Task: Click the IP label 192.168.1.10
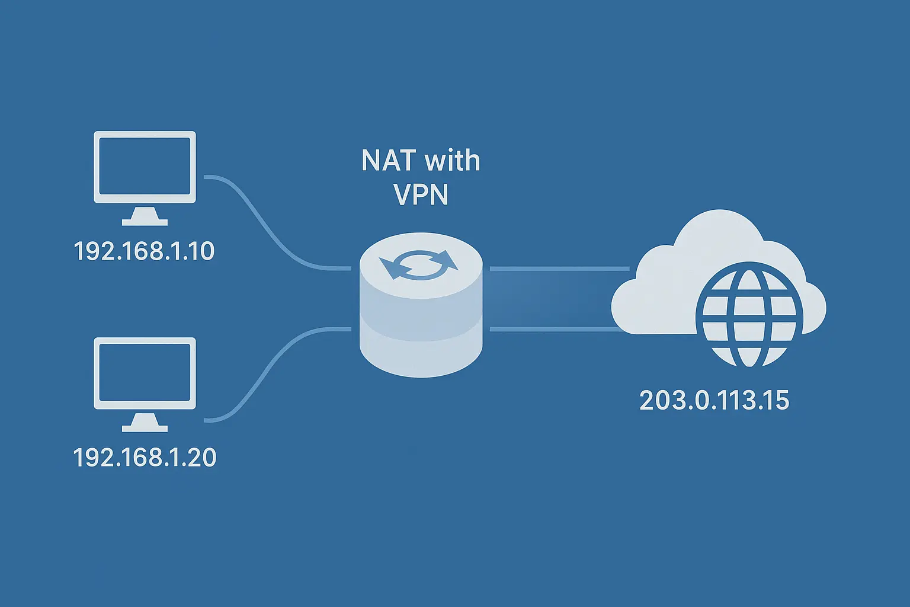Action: pyautogui.click(x=144, y=251)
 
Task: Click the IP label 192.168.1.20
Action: pyautogui.click(x=145, y=458)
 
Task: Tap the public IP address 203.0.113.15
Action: pyautogui.click(x=714, y=401)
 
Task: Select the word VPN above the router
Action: pyautogui.click(x=421, y=194)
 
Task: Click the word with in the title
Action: pyautogui.click(x=453, y=161)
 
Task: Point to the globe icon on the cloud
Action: pyautogui.click(x=749, y=315)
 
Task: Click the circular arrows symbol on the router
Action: pyautogui.click(x=420, y=264)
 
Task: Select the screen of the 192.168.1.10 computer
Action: pyautogui.click(x=145, y=167)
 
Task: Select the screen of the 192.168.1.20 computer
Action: pyautogui.click(x=145, y=373)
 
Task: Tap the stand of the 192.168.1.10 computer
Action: pyautogui.click(x=145, y=217)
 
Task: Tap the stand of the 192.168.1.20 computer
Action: pyautogui.click(x=145, y=423)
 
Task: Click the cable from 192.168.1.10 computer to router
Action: pyautogui.click(x=267, y=225)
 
